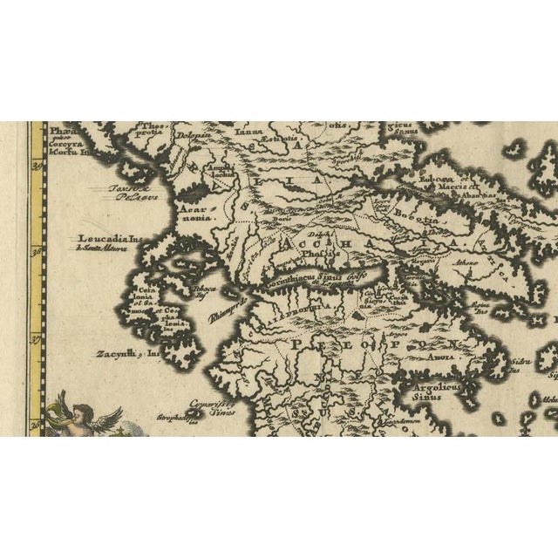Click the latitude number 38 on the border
pyautogui.click(x=37, y=252)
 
